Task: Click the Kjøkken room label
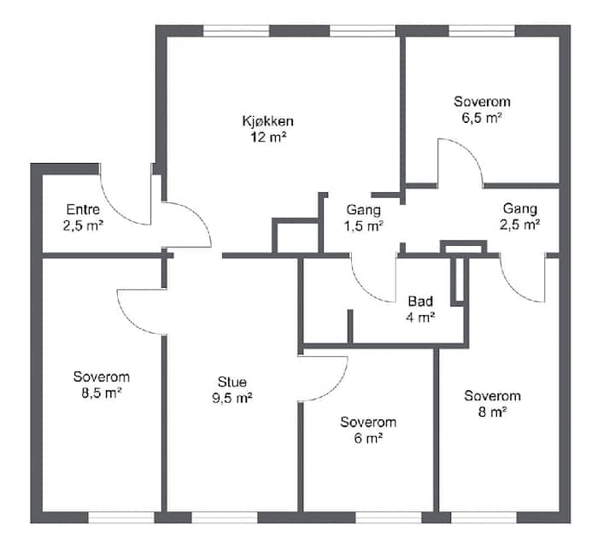click(268, 121)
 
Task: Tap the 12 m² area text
click(269, 137)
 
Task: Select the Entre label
click(83, 209)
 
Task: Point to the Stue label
click(232, 382)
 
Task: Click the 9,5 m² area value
click(232, 399)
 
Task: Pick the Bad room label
click(420, 301)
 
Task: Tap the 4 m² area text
click(420, 318)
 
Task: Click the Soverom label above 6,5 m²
click(482, 102)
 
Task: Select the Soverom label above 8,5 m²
click(102, 377)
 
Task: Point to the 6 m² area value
click(368, 438)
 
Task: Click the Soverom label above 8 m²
click(493, 395)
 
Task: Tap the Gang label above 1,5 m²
click(364, 210)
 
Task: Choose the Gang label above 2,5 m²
click(520, 208)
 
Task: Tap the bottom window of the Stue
click(225, 517)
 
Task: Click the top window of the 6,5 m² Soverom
click(482, 31)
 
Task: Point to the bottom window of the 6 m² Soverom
click(389, 517)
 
